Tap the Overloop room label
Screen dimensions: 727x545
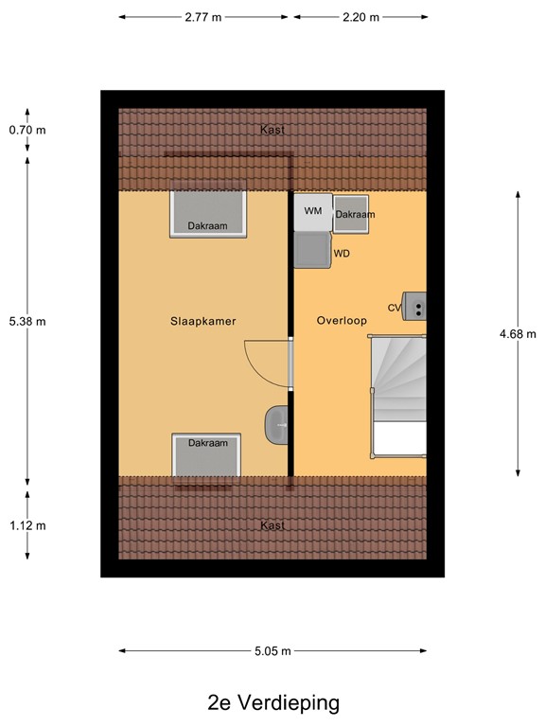[x=342, y=321]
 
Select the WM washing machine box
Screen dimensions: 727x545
[x=312, y=211]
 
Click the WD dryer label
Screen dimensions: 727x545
[x=343, y=254]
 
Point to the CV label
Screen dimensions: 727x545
[x=395, y=308]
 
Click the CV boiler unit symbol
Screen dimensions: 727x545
[x=415, y=306]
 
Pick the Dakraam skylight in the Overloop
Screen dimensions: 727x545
[x=355, y=214]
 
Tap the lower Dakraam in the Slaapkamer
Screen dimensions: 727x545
[x=207, y=455]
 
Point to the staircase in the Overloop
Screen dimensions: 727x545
[x=397, y=398]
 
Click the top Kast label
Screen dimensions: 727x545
[x=272, y=130]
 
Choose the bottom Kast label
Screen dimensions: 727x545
[x=272, y=525]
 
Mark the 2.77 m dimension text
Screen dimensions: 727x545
[x=205, y=17]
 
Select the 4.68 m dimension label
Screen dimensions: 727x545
[x=518, y=333]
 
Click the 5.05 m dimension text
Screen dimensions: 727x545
[x=272, y=650]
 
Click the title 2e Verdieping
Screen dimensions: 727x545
[x=272, y=702]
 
